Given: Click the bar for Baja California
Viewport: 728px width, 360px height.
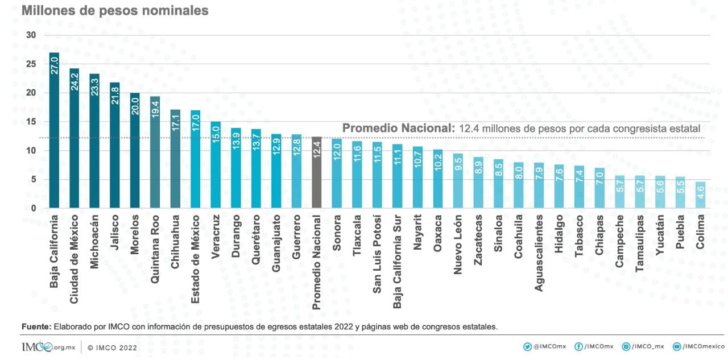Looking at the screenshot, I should pos(54,130).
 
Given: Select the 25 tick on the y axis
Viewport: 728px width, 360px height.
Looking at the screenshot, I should pos(31,64).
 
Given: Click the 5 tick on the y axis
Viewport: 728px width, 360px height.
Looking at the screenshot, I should pos(33,179).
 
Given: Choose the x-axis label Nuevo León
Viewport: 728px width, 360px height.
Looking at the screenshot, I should pos(458,245).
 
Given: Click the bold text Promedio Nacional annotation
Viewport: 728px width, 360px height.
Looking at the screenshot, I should pos(396,129).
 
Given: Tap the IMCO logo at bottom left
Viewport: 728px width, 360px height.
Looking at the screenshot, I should pos(48,347).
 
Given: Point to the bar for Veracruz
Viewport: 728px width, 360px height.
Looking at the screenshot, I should pos(216,165).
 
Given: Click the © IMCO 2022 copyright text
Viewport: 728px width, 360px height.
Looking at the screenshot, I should pos(112,347).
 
